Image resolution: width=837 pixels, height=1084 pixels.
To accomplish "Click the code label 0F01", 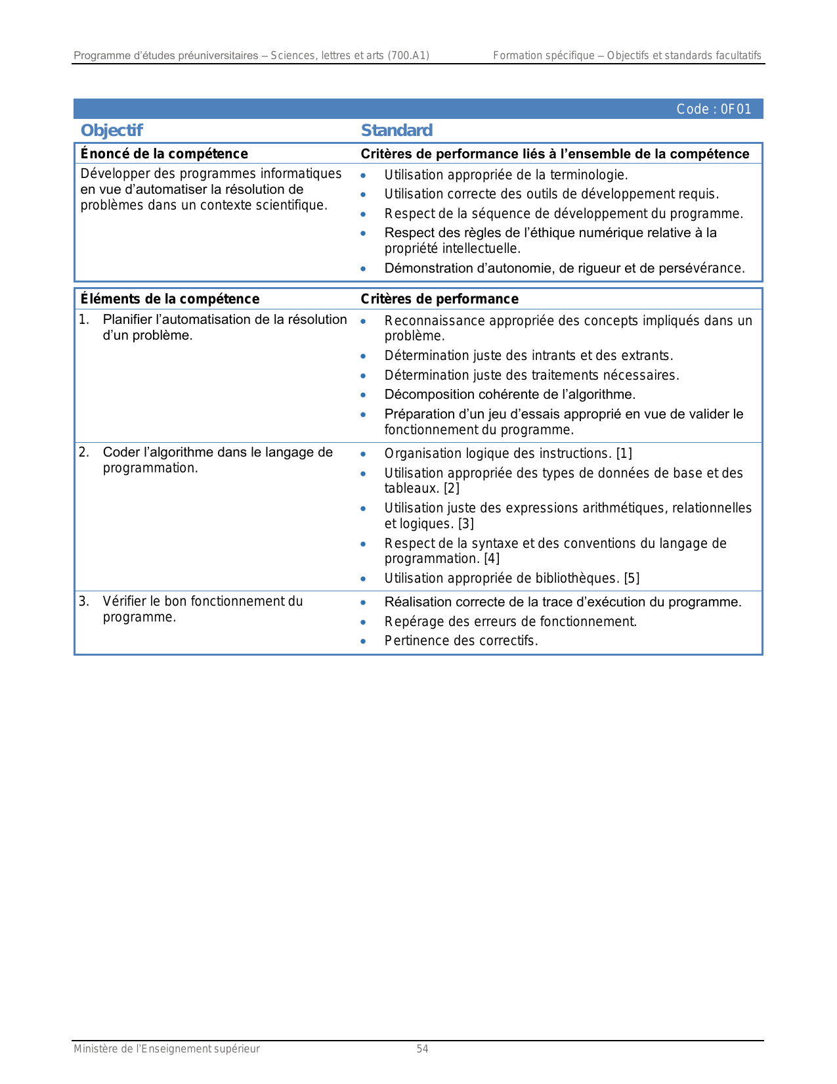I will coord(714,109).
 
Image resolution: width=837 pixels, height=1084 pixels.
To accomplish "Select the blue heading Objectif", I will coord(112,131).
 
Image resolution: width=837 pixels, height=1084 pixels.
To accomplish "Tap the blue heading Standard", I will coord(397,131).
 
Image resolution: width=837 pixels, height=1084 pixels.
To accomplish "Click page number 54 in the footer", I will coord(422,1049).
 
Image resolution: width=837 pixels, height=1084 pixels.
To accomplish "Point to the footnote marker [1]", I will coord(624,453).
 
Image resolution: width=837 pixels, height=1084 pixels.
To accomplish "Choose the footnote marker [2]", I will coord(452,488).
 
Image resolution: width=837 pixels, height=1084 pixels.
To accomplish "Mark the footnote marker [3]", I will coord(465,524).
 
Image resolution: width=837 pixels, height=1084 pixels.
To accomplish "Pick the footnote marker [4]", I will coord(492,558).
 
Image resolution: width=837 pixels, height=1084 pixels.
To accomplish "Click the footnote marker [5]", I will coord(632,578).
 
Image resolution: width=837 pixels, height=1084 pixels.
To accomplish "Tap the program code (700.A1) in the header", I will coord(408,56).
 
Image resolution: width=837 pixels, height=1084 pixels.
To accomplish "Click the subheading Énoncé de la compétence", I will coord(164,154).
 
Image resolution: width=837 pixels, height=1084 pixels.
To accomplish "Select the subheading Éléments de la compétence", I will coord(170,299).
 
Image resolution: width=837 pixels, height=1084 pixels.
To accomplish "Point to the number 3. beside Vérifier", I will coord(84,601).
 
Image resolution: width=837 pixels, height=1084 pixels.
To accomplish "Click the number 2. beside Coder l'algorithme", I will coord(84,452).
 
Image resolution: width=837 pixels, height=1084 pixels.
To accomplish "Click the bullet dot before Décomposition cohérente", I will coord(363,395).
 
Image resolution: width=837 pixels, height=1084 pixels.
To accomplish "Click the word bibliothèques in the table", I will coord(578,578).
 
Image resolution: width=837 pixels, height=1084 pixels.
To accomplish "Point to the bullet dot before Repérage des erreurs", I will coord(363,621).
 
